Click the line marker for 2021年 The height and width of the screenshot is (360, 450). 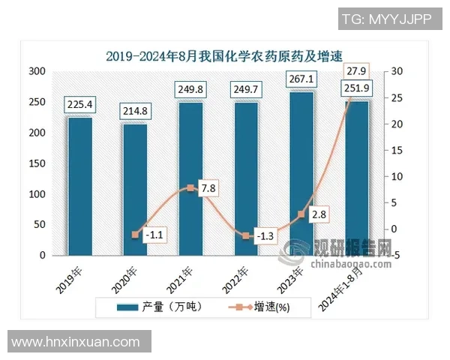pyautogui.click(x=190, y=188)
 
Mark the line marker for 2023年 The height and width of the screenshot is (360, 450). pyautogui.click(x=301, y=214)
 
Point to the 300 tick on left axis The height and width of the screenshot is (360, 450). pyautogui.click(x=37, y=71)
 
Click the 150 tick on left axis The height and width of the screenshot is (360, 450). pyautogui.click(x=37, y=163)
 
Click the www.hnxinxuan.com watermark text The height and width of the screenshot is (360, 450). pyautogui.click(x=76, y=342)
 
